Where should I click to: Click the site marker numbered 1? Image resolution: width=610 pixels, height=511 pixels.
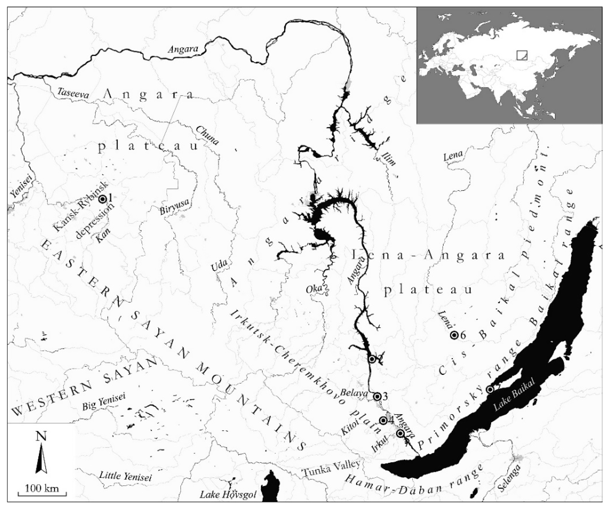coord(102,199)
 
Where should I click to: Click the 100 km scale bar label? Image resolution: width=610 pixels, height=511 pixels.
coord(42,488)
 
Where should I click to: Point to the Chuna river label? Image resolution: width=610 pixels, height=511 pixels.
coord(207,135)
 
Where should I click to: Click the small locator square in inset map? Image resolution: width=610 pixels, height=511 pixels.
coord(522,55)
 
